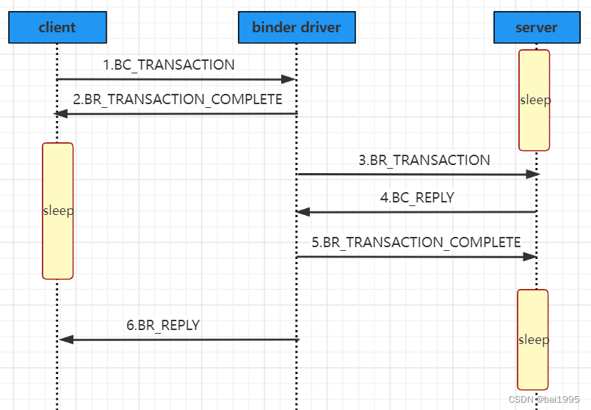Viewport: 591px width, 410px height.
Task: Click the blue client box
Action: (57, 28)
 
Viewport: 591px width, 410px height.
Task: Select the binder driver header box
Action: (297, 28)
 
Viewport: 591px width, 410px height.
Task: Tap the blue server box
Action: (536, 28)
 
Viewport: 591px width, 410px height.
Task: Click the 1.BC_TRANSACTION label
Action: (169, 65)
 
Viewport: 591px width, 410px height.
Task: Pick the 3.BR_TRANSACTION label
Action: (424, 160)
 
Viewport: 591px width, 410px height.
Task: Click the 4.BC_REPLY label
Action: (417, 197)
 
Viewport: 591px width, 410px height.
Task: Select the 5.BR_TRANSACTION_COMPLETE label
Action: (416, 242)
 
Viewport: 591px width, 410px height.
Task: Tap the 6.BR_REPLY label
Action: (163, 325)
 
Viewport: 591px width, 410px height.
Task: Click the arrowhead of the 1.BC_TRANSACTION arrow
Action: (289, 79)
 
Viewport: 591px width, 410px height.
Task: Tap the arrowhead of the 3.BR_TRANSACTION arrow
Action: (533, 175)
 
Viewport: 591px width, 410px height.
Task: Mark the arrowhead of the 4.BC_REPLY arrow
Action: (302, 212)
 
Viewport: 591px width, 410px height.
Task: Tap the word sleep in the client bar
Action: (58, 211)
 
